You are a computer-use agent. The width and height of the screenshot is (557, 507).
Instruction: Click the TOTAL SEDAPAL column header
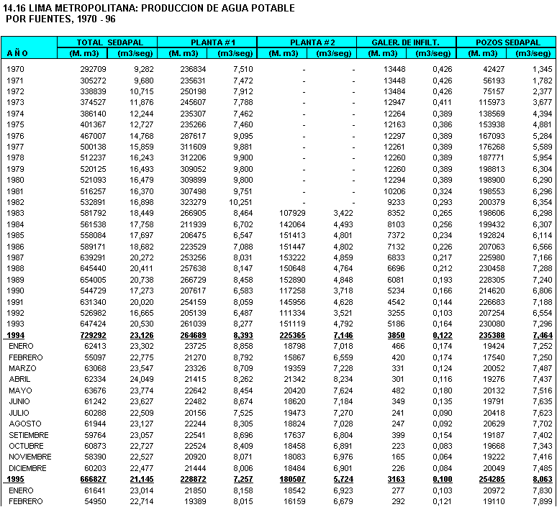pyautogui.click(x=107, y=42)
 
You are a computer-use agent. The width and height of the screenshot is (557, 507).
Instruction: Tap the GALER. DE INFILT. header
pyautogui.click(x=406, y=42)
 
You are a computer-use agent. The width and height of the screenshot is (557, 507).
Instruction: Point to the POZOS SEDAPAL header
pyautogui.click(x=506, y=42)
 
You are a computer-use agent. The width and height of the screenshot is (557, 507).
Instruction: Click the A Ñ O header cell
pyautogui.click(x=17, y=53)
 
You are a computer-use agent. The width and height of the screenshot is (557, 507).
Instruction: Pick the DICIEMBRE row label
pyautogui.click(x=28, y=468)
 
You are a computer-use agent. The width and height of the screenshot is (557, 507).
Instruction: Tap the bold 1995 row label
pyautogui.click(x=15, y=479)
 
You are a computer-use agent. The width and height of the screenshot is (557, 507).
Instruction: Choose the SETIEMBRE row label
pyautogui.click(x=29, y=435)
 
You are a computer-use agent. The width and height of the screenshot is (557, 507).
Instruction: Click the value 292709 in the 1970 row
pyautogui.click(x=93, y=68)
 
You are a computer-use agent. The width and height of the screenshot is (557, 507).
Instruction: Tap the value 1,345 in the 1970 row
pyautogui.click(x=541, y=68)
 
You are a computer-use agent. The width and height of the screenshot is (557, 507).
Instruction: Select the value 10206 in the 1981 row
pyautogui.click(x=395, y=191)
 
